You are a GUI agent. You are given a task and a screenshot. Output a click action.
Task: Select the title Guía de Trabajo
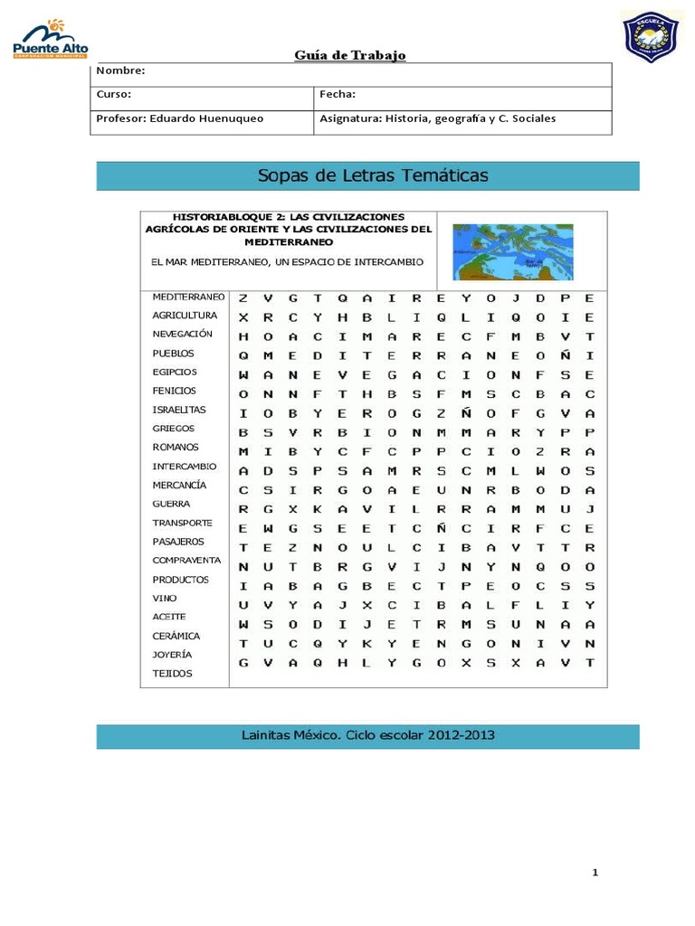tap(350, 56)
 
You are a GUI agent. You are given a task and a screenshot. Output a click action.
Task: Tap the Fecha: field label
tap(338, 94)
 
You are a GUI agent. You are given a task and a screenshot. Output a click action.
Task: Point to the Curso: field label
tap(114, 94)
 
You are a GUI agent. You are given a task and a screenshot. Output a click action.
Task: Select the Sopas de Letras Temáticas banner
tap(367, 175)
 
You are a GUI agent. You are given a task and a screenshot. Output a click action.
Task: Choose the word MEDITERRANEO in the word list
tap(188, 297)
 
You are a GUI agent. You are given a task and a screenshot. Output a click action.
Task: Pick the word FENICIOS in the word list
tap(174, 391)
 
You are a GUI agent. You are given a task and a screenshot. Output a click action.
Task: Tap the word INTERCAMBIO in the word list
tap(185, 467)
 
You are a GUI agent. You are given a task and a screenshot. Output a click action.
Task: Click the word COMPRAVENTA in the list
tap(186, 561)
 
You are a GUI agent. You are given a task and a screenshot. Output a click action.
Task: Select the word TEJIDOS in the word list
tap(172, 674)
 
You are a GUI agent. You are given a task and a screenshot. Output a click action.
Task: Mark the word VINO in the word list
tap(165, 599)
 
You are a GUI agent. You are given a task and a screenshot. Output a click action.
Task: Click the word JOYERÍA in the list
tap(173, 655)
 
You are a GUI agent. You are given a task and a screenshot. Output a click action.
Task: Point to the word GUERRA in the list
tap(171, 504)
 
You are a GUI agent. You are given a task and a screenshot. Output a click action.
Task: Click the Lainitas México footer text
tap(367, 735)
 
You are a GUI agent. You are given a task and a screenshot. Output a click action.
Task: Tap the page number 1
tap(595, 873)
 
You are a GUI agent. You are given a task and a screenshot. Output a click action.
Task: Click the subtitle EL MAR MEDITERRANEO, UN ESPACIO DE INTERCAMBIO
tap(287, 262)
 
